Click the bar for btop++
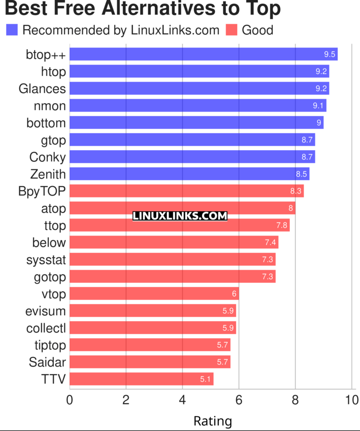tap(203, 54)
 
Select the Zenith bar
tap(189, 174)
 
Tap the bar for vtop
tap(154, 294)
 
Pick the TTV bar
tap(142, 379)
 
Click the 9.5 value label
tap(330, 54)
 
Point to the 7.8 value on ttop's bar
tap(282, 226)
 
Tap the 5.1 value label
tap(205, 379)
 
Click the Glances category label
tap(42, 89)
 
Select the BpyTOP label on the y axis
tap(41, 191)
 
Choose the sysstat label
tap(46, 259)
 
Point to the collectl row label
tap(46, 328)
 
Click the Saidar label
tap(47, 362)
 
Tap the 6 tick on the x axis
tap(239, 400)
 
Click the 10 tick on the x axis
tap(351, 400)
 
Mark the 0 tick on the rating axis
tap(70, 400)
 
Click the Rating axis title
tap(212, 421)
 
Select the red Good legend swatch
tap(232, 30)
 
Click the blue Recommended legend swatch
tap(12, 30)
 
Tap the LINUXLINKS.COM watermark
tap(180, 216)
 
